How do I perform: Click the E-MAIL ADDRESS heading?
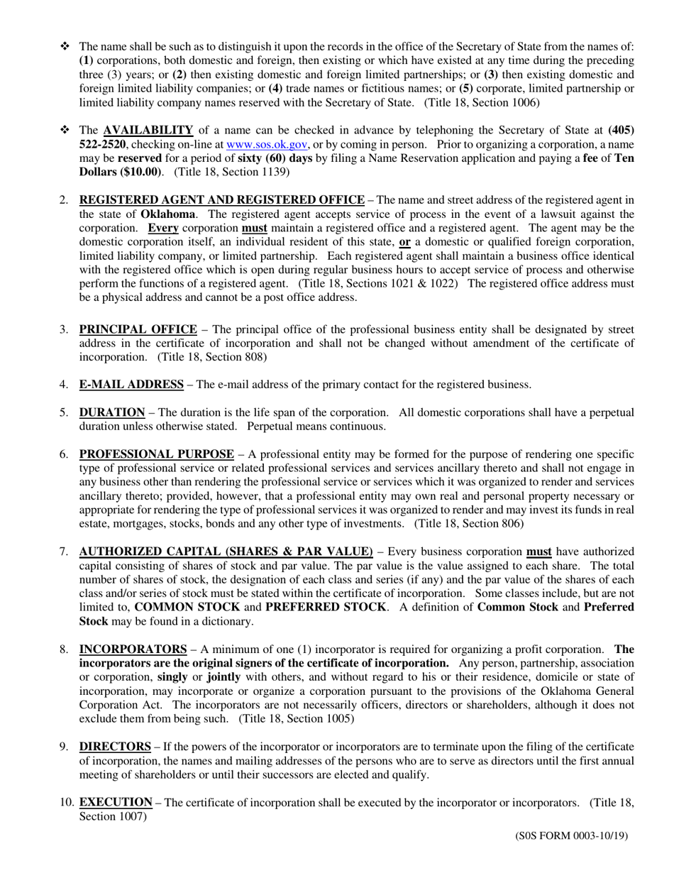pos(131,385)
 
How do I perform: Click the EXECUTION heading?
pos(116,802)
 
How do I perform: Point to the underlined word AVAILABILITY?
pos(148,130)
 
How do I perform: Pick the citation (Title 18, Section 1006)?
pos(482,102)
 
